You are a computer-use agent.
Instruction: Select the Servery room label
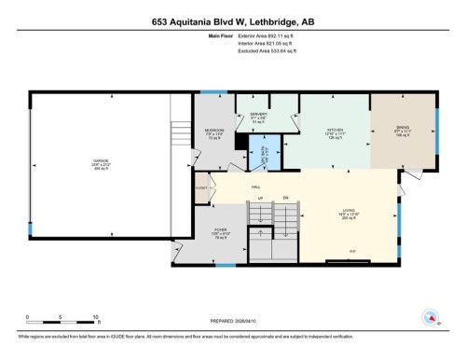(259, 117)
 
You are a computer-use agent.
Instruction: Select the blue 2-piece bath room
(264, 147)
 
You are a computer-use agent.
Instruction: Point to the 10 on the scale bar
(96, 318)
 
